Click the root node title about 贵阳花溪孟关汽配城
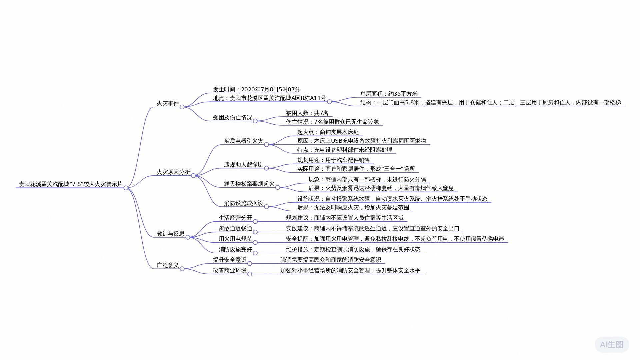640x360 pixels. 71,184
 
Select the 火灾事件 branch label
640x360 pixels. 168,103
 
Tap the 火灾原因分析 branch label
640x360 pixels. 173,172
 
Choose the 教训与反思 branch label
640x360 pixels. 171,234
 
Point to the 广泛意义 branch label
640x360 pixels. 168,265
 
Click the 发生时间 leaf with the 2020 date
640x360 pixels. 257,89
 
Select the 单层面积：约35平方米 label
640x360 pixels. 389,94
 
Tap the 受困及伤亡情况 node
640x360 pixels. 233,117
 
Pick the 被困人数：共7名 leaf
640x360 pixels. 307,113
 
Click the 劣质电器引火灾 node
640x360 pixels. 244,141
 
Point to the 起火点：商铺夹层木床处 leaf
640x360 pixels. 328,132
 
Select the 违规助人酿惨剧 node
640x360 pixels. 244,164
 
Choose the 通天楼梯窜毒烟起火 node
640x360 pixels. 249,184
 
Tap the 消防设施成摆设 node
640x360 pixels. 244,203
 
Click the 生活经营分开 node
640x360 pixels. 235,218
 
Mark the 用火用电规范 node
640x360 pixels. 235,239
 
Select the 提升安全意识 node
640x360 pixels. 230,260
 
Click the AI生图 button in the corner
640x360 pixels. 612,344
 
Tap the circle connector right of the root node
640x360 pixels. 126,188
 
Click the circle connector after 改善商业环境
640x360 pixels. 250,274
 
